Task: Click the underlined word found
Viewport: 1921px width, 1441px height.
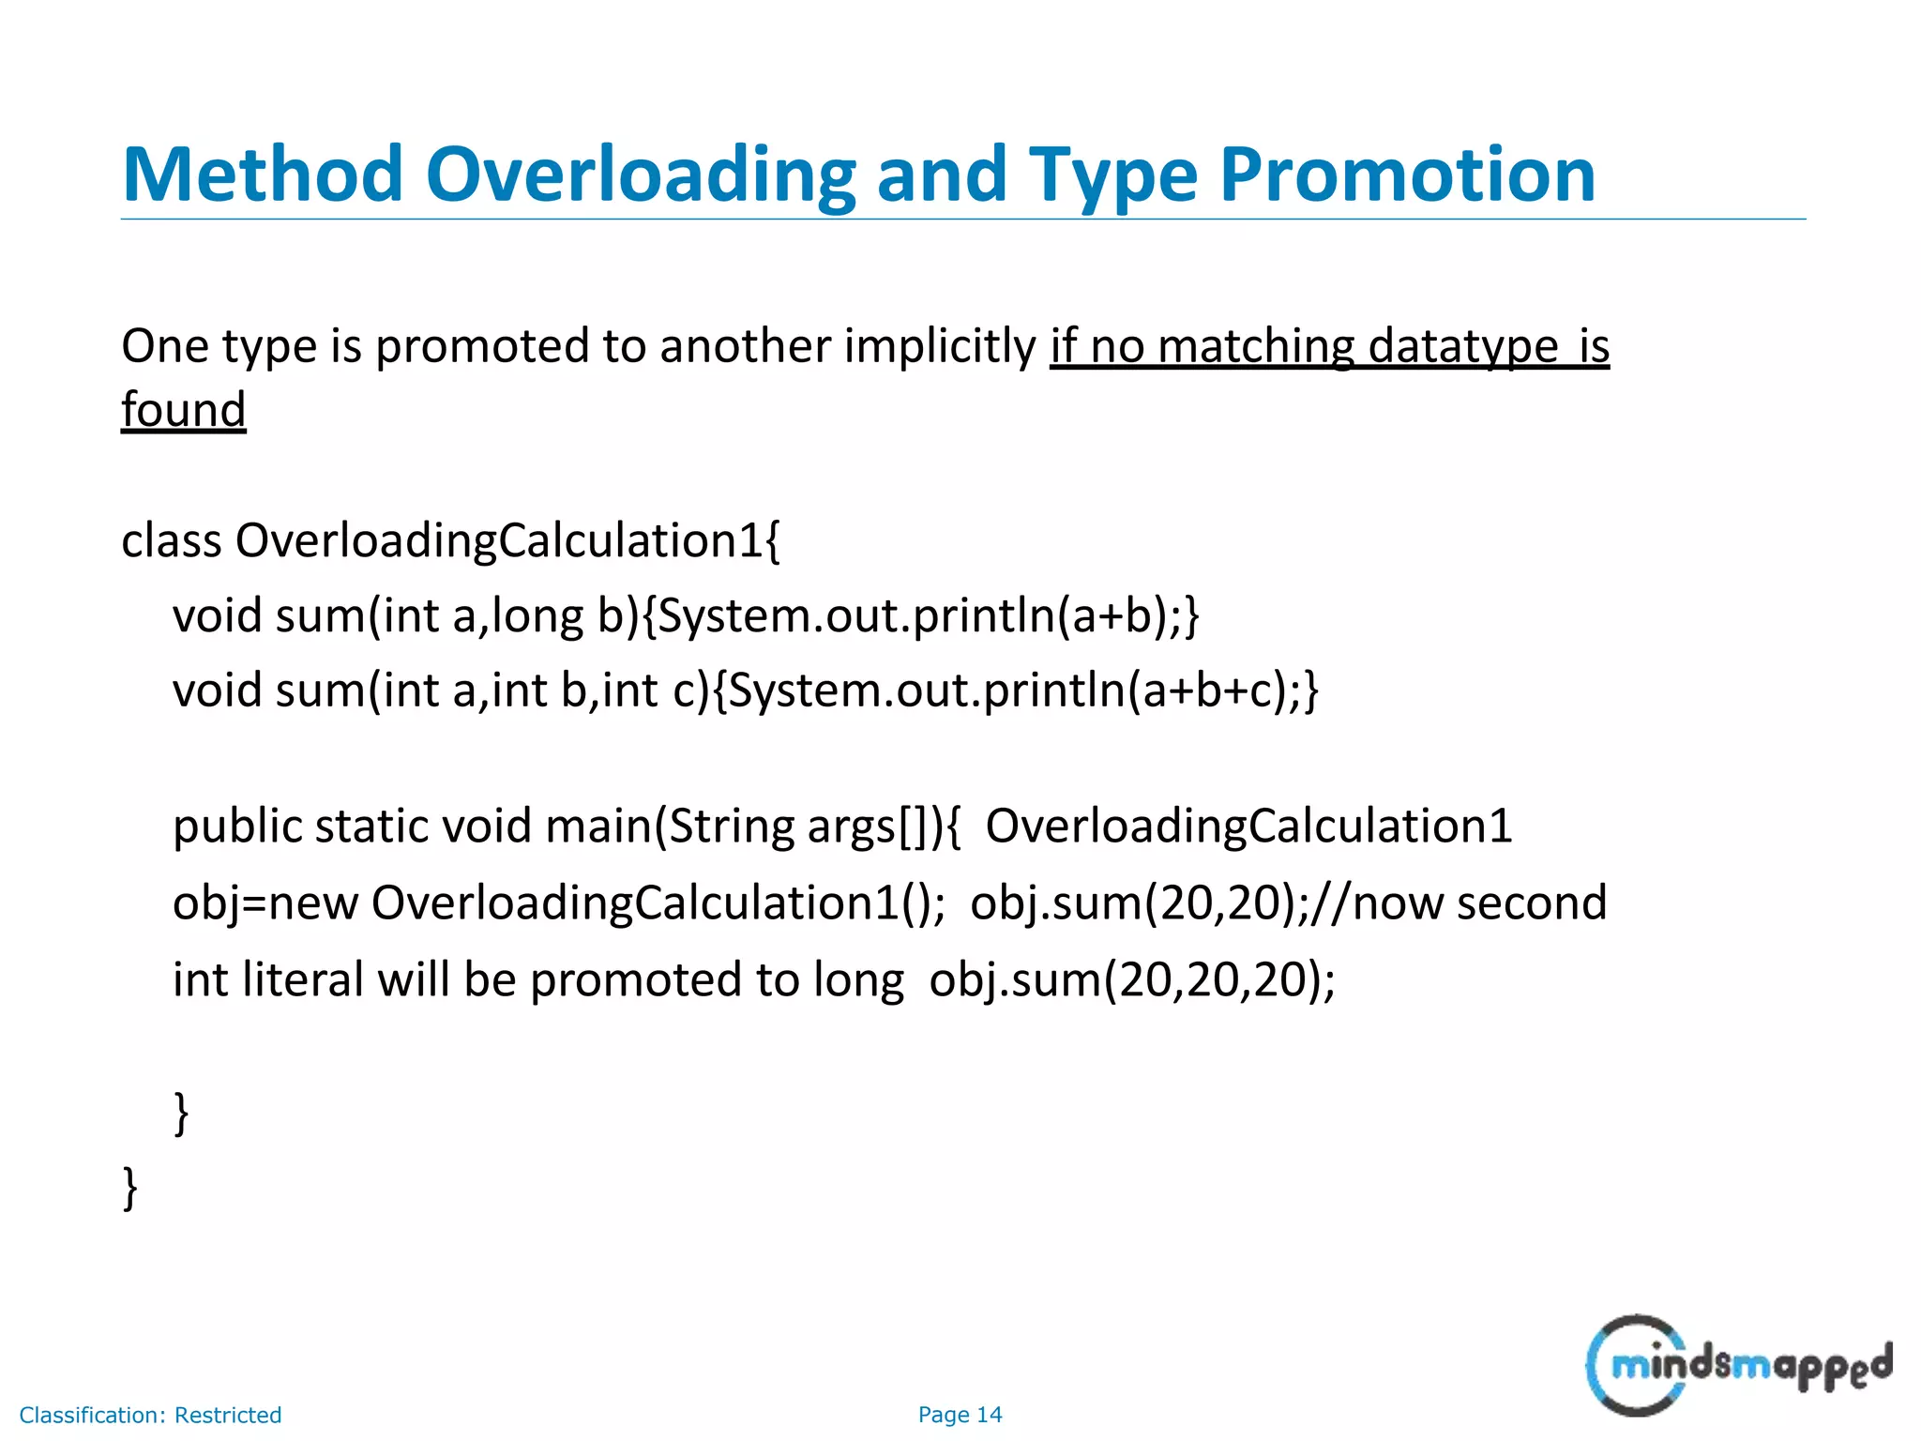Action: tap(184, 410)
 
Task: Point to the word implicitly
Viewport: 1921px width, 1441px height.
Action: tap(940, 346)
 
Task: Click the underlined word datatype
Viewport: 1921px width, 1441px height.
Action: tap(1463, 346)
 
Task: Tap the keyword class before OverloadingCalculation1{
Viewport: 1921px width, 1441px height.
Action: tap(172, 541)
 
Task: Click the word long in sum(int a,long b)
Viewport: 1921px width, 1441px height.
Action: tap(537, 616)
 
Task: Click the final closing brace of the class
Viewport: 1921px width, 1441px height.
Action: tap(130, 1188)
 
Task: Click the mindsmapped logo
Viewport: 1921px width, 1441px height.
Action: tap(1738, 1365)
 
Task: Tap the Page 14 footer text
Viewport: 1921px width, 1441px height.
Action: tap(960, 1415)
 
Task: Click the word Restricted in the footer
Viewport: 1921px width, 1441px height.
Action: tap(228, 1415)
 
